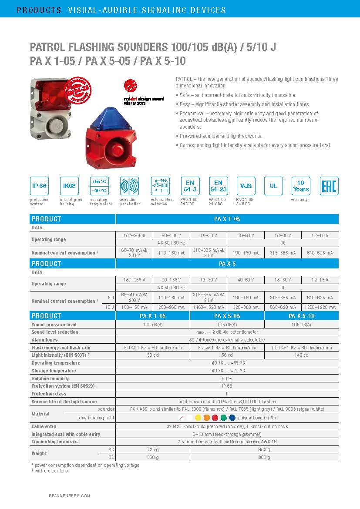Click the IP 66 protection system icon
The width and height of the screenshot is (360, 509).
tap(39, 186)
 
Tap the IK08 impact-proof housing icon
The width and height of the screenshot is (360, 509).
tap(69, 186)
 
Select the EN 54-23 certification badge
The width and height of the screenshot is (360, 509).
tap(218, 186)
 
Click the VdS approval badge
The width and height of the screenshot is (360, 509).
tap(246, 186)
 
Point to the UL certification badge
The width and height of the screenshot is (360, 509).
tap(273, 186)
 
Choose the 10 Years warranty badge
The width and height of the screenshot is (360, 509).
tap(301, 186)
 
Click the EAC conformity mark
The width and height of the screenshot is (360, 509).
tap(329, 186)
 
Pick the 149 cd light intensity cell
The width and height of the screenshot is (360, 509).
tap(301, 355)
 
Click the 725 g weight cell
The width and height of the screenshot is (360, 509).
tap(153, 449)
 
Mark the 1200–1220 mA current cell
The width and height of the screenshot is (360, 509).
tap(320, 307)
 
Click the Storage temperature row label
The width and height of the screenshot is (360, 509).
tap(54, 371)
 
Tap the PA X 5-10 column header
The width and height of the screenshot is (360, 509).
tap(301, 316)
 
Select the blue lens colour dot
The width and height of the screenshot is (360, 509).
tap(232, 418)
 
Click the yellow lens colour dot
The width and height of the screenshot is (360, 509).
tap(198, 418)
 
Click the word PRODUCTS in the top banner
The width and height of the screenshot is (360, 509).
tap(39, 10)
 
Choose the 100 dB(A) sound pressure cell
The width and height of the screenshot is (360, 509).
tap(153, 325)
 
